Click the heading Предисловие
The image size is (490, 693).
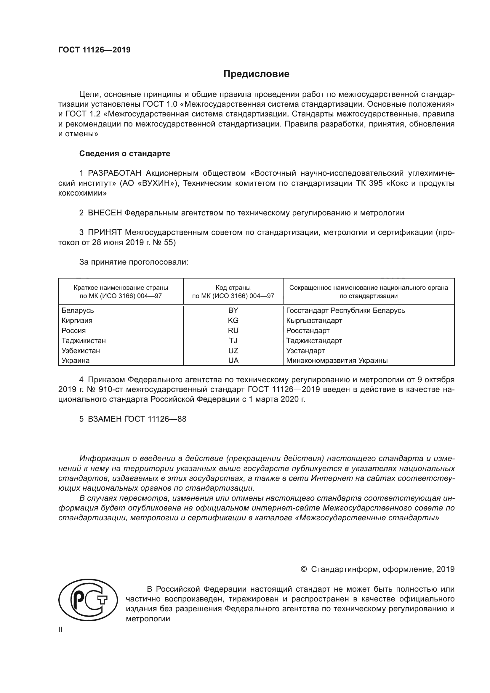tap(256, 74)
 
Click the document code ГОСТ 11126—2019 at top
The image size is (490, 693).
tap(95, 50)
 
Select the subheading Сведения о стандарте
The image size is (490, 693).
tap(125, 154)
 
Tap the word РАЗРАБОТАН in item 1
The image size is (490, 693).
tap(115, 173)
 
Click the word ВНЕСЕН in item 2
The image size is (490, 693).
tap(105, 213)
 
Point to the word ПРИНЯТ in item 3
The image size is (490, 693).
tap(105, 232)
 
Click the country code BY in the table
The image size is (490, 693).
tap(233, 311)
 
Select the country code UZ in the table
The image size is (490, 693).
tap(233, 351)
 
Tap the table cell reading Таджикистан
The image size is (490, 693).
tap(84, 341)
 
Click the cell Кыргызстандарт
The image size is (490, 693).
tap(314, 321)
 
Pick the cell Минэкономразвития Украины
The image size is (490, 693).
tap(337, 361)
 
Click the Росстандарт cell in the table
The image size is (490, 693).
tap(308, 331)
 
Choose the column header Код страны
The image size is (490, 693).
tap(233, 288)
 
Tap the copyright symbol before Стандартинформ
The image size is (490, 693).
tap(304, 569)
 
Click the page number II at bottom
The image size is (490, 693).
tap(60, 630)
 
